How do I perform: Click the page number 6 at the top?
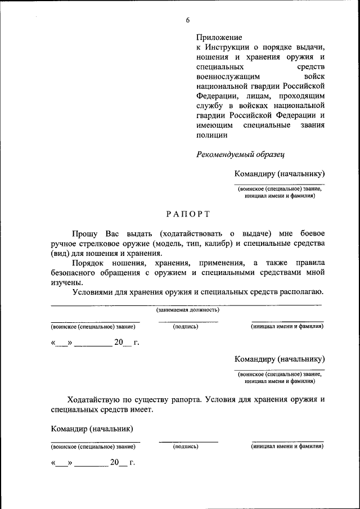[x=188, y=20]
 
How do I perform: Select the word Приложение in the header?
[x=219, y=37]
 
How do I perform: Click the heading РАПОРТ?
[x=188, y=214]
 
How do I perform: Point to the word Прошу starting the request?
[x=83, y=233]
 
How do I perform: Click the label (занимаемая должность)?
[x=187, y=309]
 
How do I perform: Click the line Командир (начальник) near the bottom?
[x=92, y=429]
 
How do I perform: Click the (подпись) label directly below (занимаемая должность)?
[x=186, y=326]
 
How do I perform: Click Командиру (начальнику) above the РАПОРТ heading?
[x=280, y=174]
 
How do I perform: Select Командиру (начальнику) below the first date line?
[x=280, y=359]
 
